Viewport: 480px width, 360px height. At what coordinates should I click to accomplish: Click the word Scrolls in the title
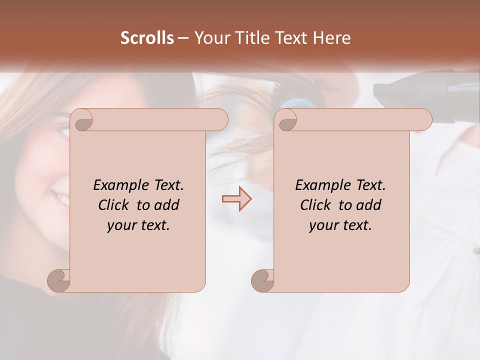pos(147,38)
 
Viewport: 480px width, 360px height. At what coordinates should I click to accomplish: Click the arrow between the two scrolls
pos(236,198)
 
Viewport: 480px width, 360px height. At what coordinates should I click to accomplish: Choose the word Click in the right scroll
pos(315,205)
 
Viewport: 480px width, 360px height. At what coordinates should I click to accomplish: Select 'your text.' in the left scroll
pos(138,225)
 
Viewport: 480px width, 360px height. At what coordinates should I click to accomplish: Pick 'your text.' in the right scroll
pos(340,225)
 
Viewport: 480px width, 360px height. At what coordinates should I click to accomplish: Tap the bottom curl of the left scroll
pos(59,281)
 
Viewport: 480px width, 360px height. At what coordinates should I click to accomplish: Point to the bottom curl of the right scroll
pos(263,281)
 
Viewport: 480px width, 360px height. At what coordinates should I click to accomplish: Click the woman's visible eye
pos(63,131)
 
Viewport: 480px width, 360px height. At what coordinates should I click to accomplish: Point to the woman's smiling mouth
pos(61,200)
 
